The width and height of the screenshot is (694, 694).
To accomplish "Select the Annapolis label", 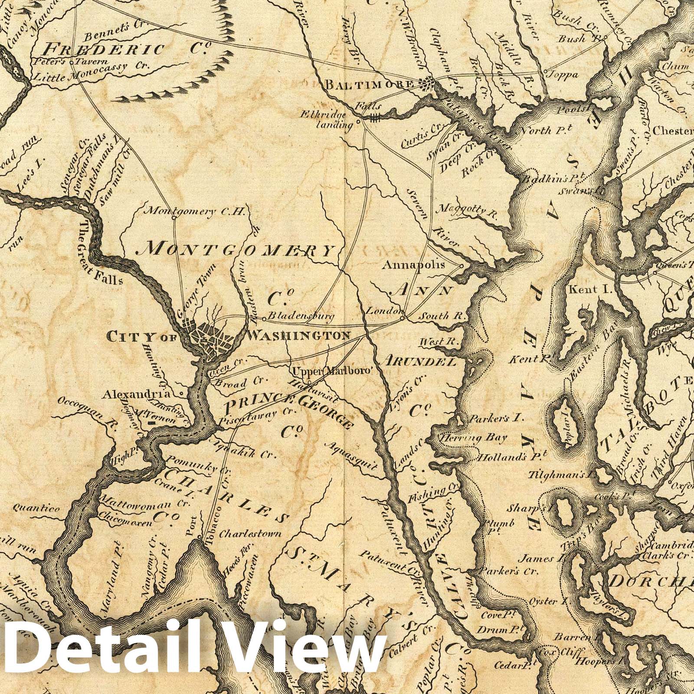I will pos(413,264).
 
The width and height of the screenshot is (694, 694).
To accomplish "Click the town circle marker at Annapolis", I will pos(462,266).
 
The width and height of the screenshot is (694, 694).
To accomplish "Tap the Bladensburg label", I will pos(301,317).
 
